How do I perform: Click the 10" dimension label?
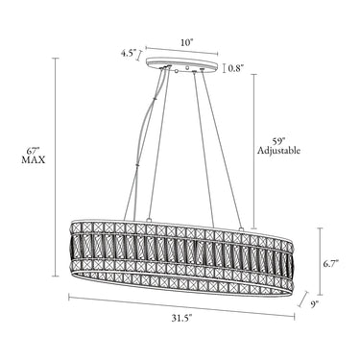(x=187, y=43)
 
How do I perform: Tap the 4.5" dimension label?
(x=129, y=53)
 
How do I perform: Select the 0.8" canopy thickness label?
(x=236, y=68)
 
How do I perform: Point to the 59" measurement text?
(x=277, y=141)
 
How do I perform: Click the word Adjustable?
(x=279, y=151)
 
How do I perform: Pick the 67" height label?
(x=33, y=151)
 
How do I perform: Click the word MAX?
(x=34, y=160)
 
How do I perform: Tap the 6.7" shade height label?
(x=330, y=264)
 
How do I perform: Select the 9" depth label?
(x=315, y=304)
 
